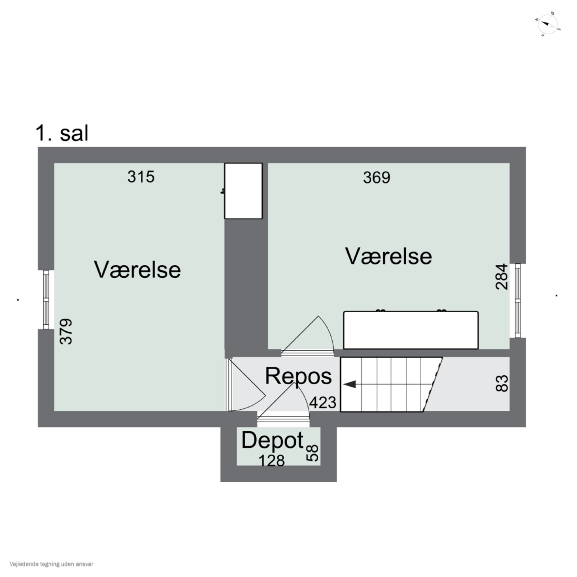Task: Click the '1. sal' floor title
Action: point(62,133)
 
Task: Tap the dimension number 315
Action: point(141,177)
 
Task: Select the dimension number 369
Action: point(377,178)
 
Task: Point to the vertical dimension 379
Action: point(66,332)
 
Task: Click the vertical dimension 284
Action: point(501,277)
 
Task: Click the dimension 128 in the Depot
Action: point(271,461)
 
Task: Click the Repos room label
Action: point(298,376)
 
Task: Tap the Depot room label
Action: point(272,440)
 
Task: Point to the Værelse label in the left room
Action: point(137,270)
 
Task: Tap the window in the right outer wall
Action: point(518,301)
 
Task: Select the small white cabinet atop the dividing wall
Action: point(243,191)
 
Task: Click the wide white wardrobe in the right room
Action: point(411,330)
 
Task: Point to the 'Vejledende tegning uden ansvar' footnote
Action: point(51,564)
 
